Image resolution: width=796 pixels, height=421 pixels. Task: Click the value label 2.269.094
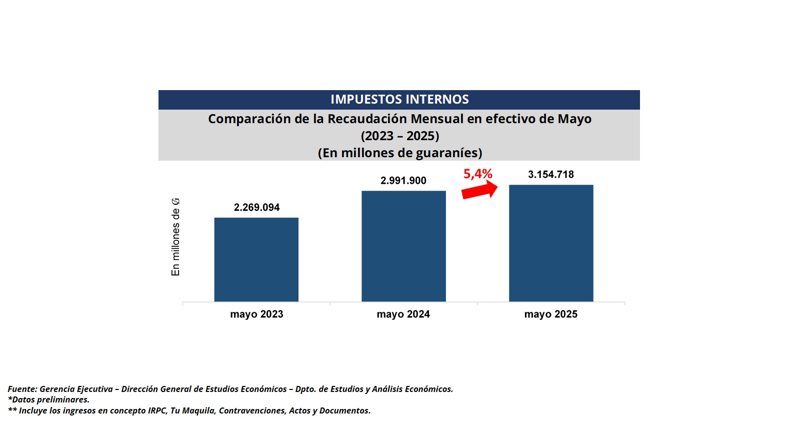[256, 207]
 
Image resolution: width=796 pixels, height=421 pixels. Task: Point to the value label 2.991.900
[403, 181]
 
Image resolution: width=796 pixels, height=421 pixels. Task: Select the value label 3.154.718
[551, 175]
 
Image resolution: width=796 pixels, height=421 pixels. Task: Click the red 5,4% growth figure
[477, 174]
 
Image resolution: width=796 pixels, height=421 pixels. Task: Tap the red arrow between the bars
[479, 191]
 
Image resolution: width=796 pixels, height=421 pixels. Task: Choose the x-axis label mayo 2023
[256, 314]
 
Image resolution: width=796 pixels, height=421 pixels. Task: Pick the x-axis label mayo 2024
[403, 314]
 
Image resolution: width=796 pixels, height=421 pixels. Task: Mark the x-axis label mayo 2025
[550, 314]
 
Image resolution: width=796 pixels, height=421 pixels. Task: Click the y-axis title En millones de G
[175, 237]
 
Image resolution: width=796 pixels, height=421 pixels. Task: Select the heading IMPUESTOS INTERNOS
[399, 100]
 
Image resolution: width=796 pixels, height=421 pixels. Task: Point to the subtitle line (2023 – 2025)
[399, 136]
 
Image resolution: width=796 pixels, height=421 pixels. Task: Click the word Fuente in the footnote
[22, 389]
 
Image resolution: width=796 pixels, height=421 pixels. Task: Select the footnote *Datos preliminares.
[48, 399]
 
